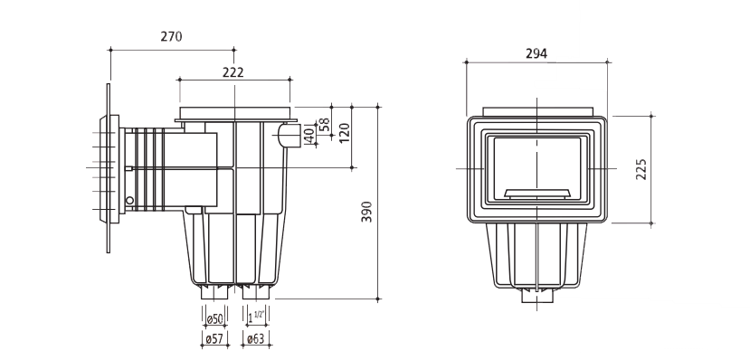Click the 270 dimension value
pos(171,36)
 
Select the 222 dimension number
pos(233,72)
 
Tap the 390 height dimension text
pos(366,212)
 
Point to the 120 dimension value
pos(345,132)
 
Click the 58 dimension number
pos(325,124)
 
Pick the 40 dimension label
pos(310,136)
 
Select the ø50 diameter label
pos(214,319)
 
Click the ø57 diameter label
pos(214,339)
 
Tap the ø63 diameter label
pos(255,339)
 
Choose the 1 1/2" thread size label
pos(256,317)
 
